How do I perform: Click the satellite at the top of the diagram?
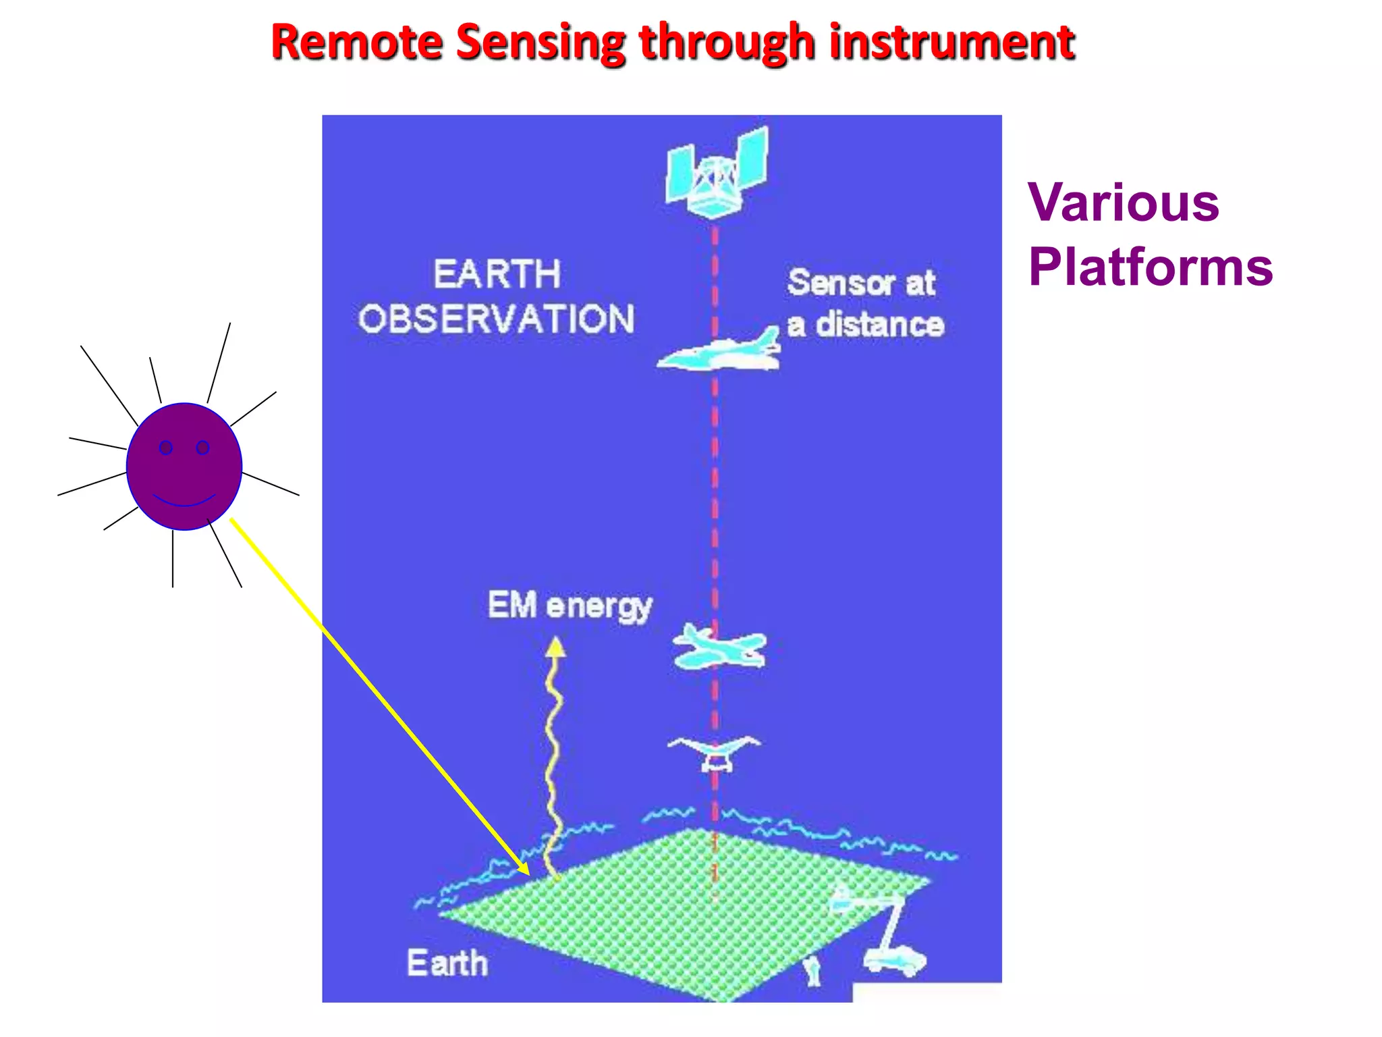point(717,172)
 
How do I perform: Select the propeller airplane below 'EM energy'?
point(719,647)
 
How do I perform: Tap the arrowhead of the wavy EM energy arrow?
point(555,647)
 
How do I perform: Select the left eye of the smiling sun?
point(166,447)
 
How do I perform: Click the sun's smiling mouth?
point(184,501)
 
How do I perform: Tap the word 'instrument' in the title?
point(951,42)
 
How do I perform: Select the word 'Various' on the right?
point(1124,202)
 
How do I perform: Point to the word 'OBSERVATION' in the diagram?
point(496,319)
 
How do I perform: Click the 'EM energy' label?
point(570,605)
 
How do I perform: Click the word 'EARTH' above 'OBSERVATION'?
point(497,274)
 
